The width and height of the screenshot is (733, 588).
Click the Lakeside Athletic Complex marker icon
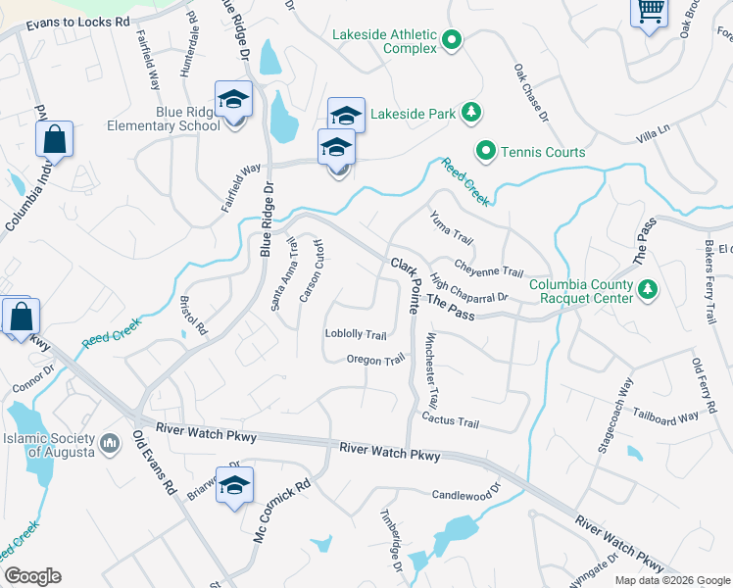click(x=452, y=40)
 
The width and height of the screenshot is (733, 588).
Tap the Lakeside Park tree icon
click(x=471, y=113)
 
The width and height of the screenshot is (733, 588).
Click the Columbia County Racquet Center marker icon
click(x=647, y=289)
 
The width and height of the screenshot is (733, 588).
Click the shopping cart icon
click(x=649, y=13)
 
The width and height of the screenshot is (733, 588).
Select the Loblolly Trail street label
click(x=356, y=334)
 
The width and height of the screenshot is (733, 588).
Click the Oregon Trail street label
click(x=375, y=360)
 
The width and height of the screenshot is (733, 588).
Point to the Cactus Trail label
click(x=450, y=422)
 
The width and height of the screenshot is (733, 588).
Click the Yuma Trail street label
click(x=451, y=227)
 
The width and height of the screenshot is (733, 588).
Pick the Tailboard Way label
click(x=664, y=415)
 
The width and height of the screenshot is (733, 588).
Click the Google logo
click(x=32, y=576)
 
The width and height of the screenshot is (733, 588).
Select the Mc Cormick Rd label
click(x=281, y=511)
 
